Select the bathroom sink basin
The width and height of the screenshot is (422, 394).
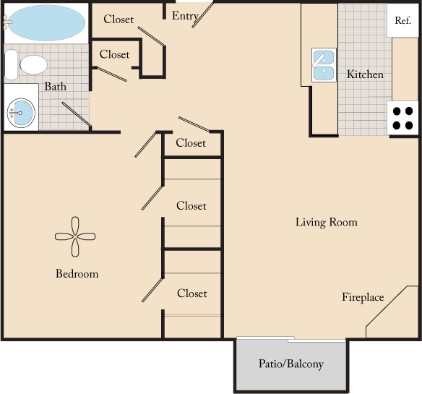pos(21,112)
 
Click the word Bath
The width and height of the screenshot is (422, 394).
pos(56,87)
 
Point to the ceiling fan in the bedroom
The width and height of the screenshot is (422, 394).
pos(76,236)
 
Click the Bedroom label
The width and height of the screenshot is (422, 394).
pos(77,274)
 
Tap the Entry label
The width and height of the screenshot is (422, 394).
pos(185,17)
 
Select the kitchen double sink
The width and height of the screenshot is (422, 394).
pos(322,64)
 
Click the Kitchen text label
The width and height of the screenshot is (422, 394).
pos(365,74)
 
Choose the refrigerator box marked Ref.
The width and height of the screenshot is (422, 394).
pos(402,21)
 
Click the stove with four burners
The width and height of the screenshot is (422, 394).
pos(404,118)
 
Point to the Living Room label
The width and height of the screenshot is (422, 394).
pos(326,222)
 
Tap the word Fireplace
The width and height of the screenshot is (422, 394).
pos(363,297)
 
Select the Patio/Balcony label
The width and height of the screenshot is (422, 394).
pos(291,364)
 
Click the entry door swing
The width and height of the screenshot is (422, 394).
pos(203,14)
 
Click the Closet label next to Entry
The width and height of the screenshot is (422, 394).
pos(119,20)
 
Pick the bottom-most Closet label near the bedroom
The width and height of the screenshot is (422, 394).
pos(191,294)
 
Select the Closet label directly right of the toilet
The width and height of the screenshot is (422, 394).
pos(115,54)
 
